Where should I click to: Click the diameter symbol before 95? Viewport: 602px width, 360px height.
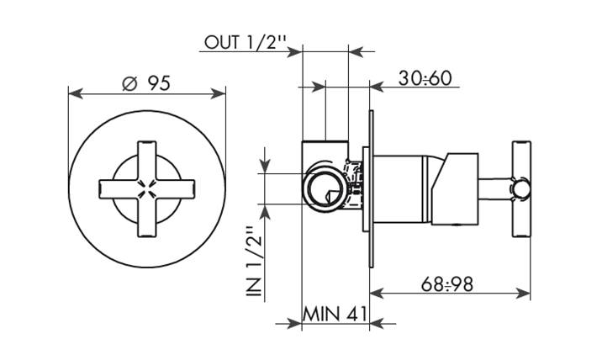point(129,83)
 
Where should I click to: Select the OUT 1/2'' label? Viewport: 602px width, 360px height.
point(246,42)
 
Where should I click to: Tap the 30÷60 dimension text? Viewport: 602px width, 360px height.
point(425,78)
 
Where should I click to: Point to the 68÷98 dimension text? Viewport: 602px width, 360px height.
point(447,284)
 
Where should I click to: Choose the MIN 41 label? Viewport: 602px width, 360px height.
point(335,315)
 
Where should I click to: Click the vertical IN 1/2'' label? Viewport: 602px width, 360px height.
point(254,262)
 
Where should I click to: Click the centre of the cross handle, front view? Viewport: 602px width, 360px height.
point(147,189)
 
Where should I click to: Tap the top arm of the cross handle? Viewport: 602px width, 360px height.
point(147,161)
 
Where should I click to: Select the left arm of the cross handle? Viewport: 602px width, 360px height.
point(119,189)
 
